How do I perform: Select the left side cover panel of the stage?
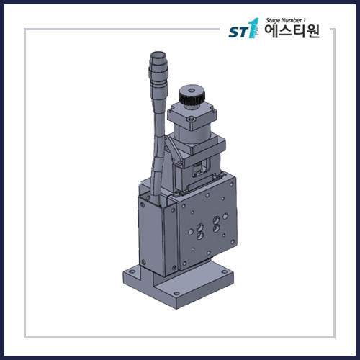(x=148, y=230)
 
